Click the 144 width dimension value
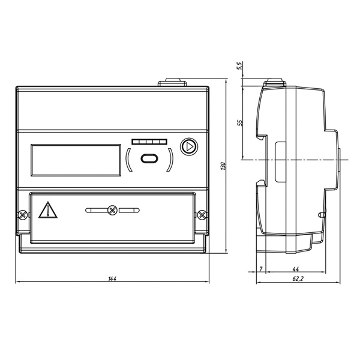pyautogui.click(x=112, y=278)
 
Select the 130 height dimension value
pyautogui.click(x=223, y=166)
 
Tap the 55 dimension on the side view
pyautogui.click(x=239, y=122)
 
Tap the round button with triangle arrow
pyautogui.click(x=188, y=146)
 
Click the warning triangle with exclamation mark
pyautogui.click(x=46, y=211)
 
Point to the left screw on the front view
pyautogui.click(x=22, y=214)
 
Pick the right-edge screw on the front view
pyautogui.click(x=202, y=214)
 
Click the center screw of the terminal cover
pyautogui.click(x=112, y=211)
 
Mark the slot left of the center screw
pyautogui.click(x=96, y=211)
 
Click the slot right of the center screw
pyautogui.click(x=128, y=211)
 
